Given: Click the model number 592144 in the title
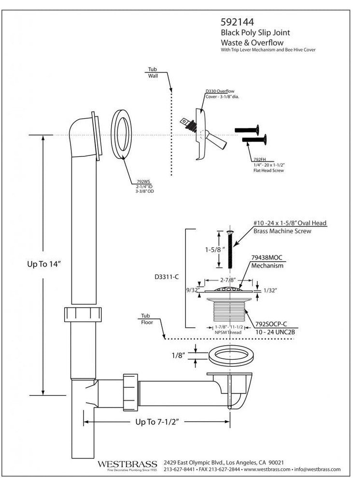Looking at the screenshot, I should pos(237,22).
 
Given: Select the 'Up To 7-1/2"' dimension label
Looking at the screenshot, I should pos(157,422).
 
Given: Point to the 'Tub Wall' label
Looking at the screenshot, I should pos(153,73).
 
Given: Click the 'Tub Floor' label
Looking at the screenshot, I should pos(146,318).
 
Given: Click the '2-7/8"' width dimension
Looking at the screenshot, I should pos(226,279).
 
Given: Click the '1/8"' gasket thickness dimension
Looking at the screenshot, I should pos(179,356).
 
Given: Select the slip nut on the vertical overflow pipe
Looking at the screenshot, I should pos(84,314).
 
